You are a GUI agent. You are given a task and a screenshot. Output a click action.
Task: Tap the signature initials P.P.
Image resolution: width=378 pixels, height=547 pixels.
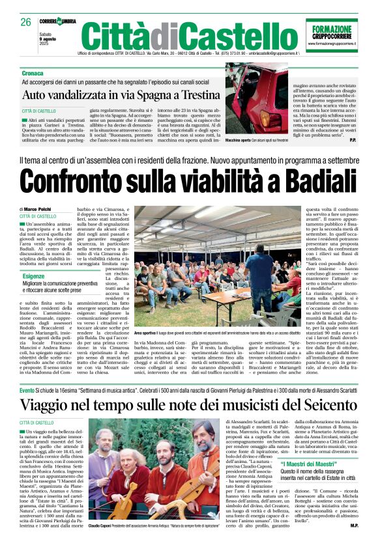pos(353,139)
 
